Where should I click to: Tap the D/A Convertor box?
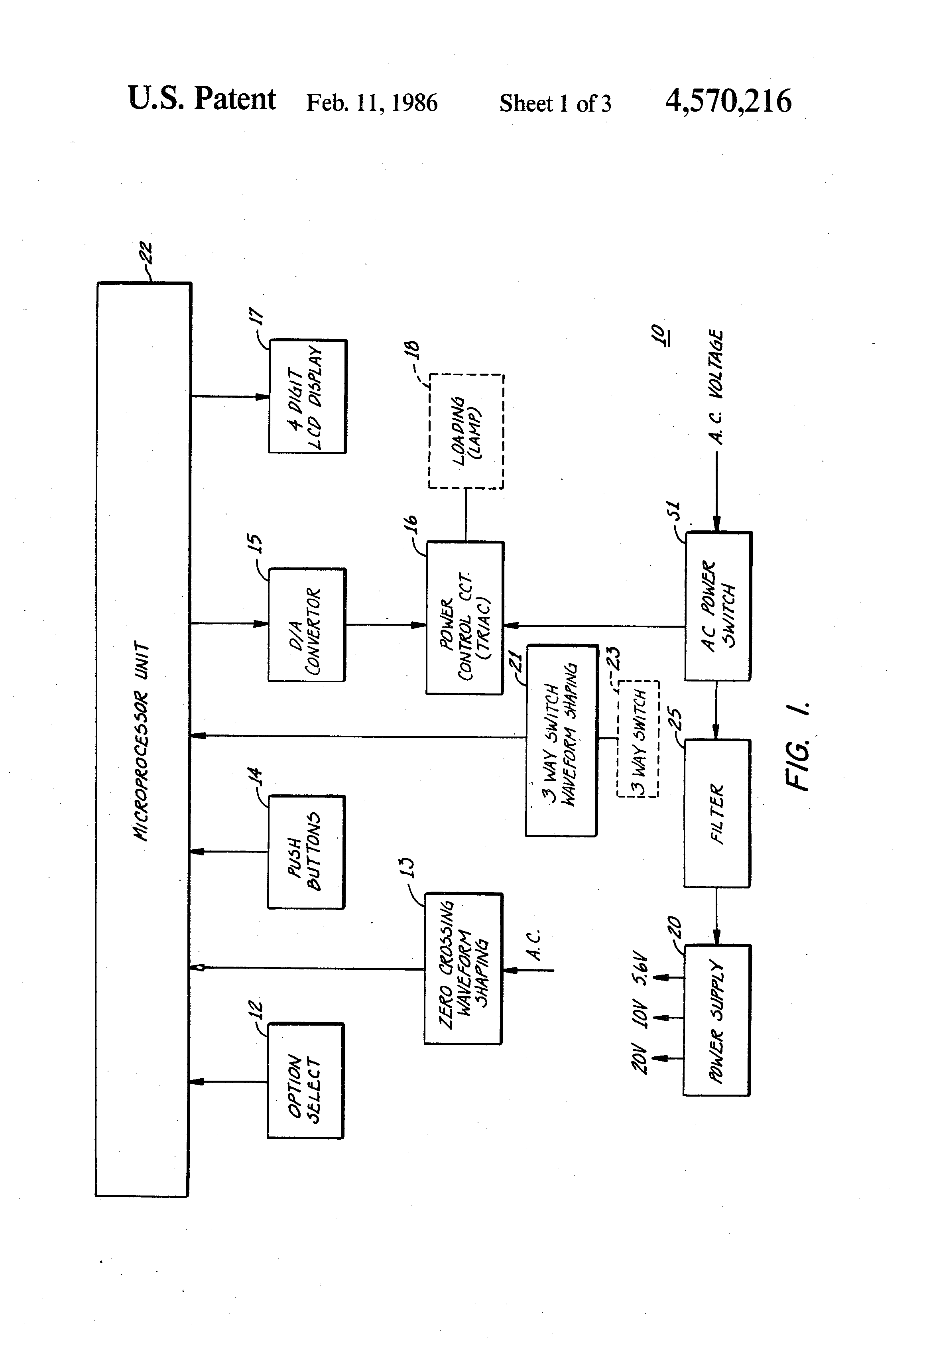point(306,624)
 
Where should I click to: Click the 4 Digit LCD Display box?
point(307,396)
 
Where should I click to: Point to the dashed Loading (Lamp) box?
point(466,431)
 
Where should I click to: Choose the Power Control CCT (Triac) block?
point(465,618)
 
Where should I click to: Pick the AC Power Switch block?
point(718,606)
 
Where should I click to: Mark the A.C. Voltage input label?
point(716,387)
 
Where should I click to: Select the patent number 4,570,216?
point(728,101)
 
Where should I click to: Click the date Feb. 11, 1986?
point(372,103)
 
